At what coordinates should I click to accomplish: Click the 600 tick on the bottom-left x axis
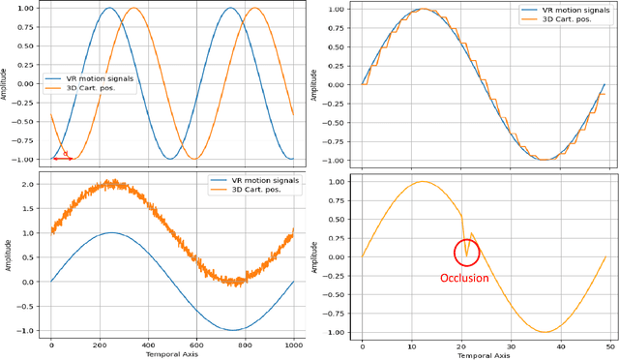tap(196, 344)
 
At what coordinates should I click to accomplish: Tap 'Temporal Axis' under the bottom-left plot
tap(172, 354)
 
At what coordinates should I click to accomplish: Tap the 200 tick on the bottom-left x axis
tap(100, 344)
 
